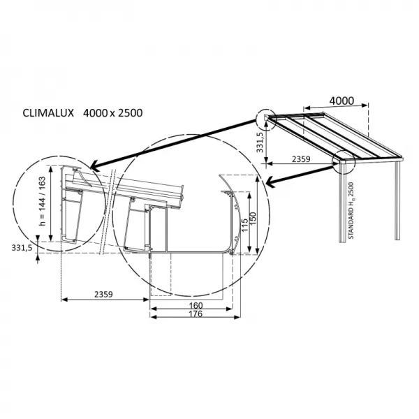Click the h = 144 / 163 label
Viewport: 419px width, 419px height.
43,203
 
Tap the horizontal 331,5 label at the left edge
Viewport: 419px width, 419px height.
22,248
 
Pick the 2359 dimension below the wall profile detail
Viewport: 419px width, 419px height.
103,295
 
